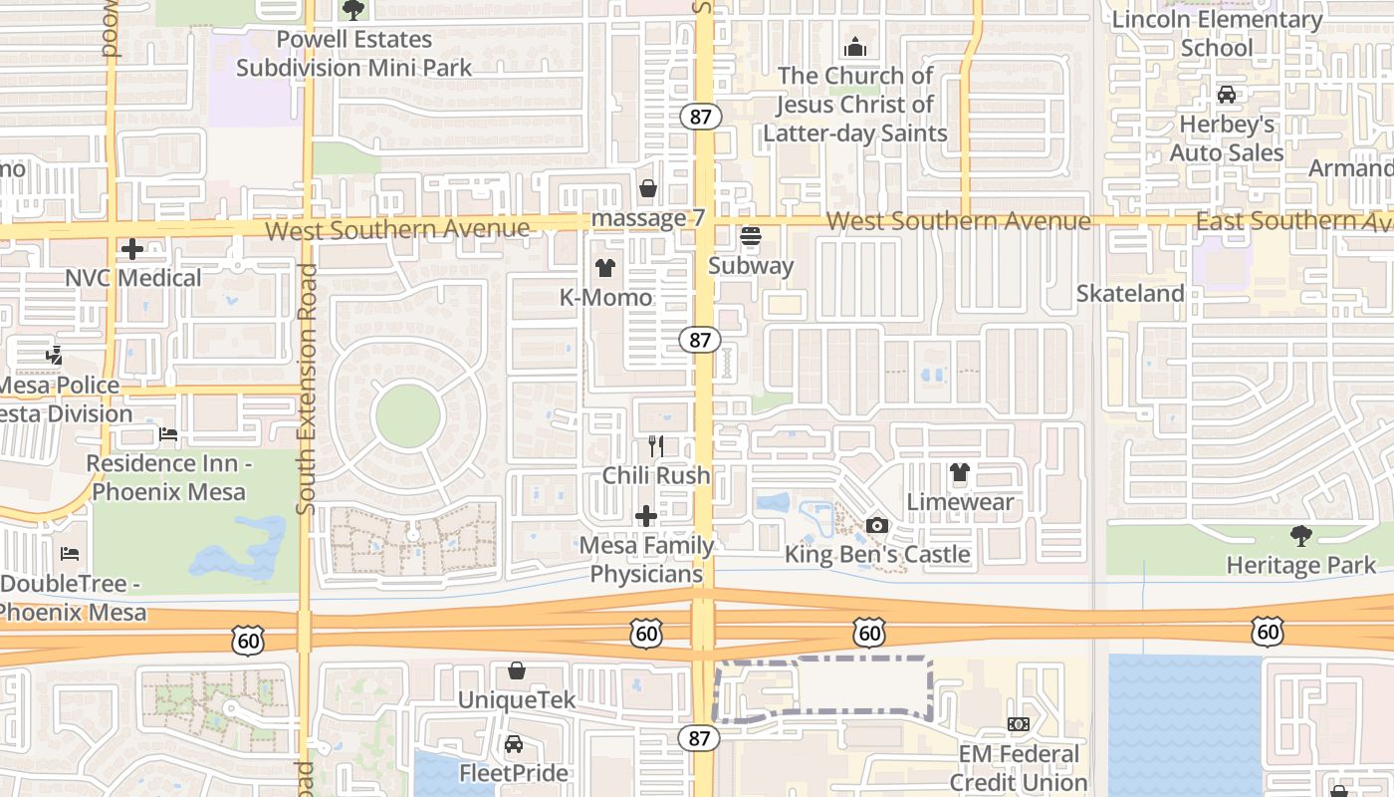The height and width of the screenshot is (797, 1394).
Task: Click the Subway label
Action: coord(751,266)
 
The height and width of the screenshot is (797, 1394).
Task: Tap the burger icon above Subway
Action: coord(751,236)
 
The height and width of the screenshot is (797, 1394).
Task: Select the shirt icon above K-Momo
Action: coord(604,268)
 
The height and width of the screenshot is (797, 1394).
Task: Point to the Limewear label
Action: coord(960,501)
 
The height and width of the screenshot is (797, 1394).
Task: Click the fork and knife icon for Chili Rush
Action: coord(656,445)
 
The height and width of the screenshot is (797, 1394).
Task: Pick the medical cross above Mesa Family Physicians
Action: coord(646,516)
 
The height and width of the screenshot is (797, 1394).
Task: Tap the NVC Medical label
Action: coord(133,278)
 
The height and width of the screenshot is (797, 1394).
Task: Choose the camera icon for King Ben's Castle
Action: coord(877,525)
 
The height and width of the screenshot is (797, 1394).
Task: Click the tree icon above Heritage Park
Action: coord(1300,536)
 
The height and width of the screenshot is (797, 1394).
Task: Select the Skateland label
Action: coord(1130,294)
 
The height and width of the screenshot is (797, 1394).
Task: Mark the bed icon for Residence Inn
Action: coord(168,434)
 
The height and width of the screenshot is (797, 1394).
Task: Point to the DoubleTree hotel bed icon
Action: coord(69,554)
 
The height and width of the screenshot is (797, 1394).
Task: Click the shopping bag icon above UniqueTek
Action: coord(517,670)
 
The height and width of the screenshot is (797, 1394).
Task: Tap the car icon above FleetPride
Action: coord(514,743)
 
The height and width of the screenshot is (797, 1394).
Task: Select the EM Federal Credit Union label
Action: coord(1019,768)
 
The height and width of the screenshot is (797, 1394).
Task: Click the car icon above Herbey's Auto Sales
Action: coord(1227,95)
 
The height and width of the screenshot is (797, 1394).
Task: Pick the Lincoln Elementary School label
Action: coord(1217,34)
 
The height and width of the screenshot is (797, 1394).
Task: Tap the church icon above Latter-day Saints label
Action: coord(854,47)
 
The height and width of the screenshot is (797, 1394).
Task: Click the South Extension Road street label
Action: coord(307,389)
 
